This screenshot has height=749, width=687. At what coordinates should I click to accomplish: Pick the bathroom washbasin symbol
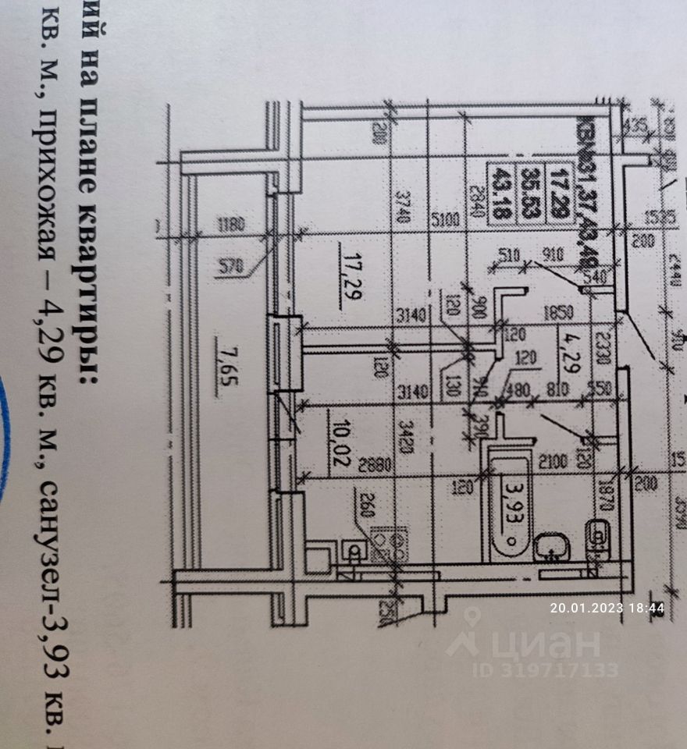(x=553, y=547)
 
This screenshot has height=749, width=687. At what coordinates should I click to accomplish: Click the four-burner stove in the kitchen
(x=388, y=544)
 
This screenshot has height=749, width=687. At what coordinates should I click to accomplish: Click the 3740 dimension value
(x=403, y=208)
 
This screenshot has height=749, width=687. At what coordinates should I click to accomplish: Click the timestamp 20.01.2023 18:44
(x=607, y=609)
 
